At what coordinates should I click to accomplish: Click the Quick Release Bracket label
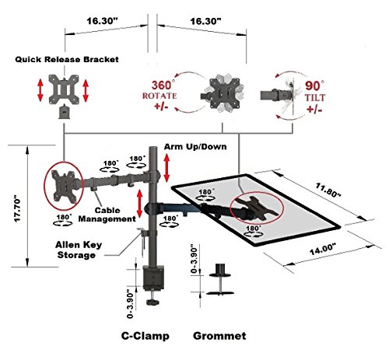click(x=67, y=59)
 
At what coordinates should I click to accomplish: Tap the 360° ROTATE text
click(x=159, y=90)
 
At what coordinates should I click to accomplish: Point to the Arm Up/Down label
click(x=195, y=147)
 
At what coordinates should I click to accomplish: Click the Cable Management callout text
click(x=107, y=215)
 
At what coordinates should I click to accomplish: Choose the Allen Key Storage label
click(x=79, y=250)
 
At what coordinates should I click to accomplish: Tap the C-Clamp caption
click(x=145, y=336)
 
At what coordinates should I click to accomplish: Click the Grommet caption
click(x=219, y=336)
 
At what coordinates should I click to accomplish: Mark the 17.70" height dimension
click(x=17, y=208)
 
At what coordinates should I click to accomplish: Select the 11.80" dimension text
click(x=328, y=190)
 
